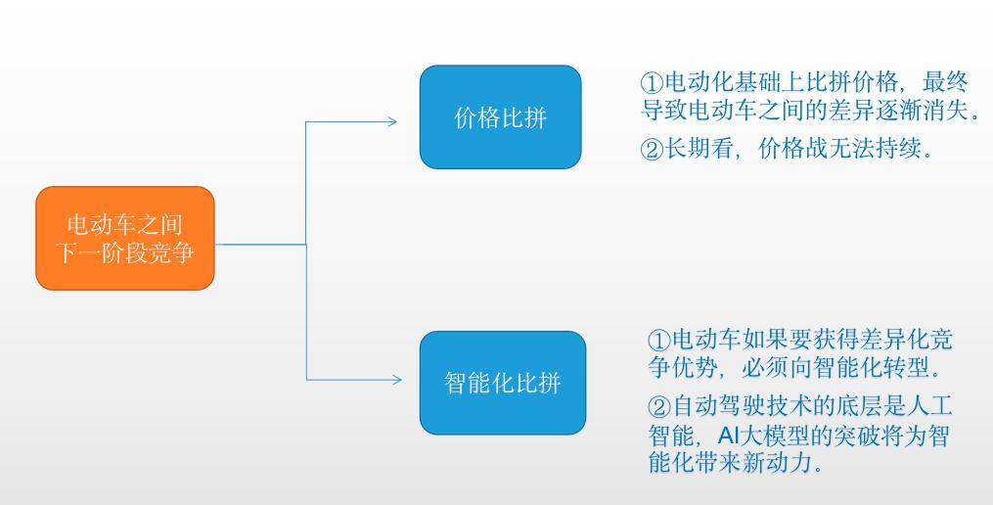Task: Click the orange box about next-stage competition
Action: click(x=124, y=238)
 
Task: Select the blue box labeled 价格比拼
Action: click(x=500, y=117)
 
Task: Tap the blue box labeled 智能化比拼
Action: click(x=502, y=382)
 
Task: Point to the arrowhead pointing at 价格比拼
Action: click(x=391, y=122)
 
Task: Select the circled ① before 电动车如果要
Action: click(x=658, y=341)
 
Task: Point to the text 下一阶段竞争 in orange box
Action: click(x=124, y=252)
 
